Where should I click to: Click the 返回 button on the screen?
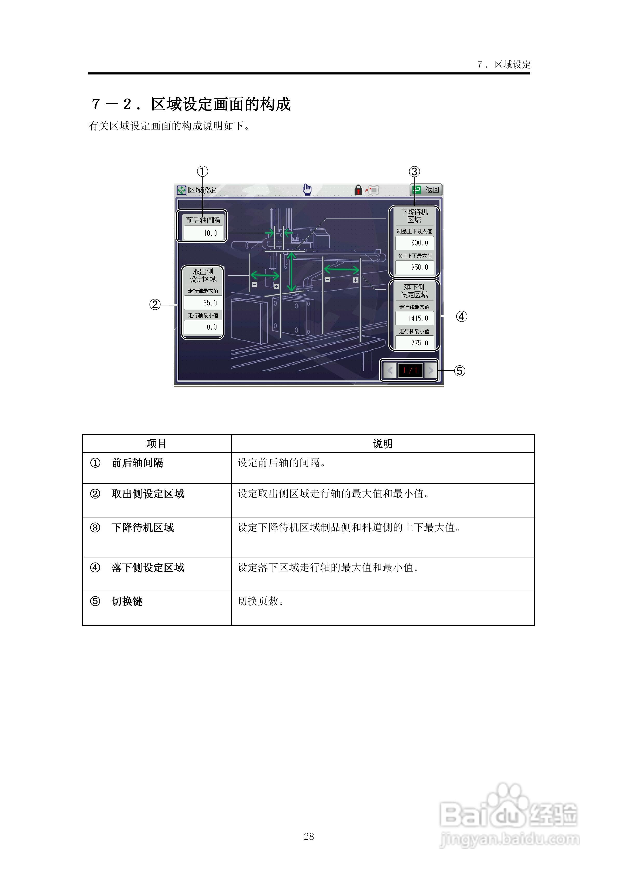(x=426, y=190)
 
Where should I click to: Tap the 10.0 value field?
(x=203, y=233)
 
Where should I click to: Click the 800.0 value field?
(x=415, y=243)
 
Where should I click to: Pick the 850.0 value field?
(x=415, y=267)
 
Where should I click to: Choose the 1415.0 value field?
(x=415, y=318)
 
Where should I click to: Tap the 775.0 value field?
(x=415, y=343)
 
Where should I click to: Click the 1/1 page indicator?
(x=410, y=370)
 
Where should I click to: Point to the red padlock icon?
(x=358, y=190)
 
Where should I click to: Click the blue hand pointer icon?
(x=307, y=189)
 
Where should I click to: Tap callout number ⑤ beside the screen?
(x=460, y=371)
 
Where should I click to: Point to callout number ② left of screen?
(x=155, y=305)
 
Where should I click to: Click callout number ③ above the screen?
(x=414, y=172)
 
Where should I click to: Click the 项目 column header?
(x=157, y=444)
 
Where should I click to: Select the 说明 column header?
(x=382, y=444)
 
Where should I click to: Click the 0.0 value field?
(x=203, y=327)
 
